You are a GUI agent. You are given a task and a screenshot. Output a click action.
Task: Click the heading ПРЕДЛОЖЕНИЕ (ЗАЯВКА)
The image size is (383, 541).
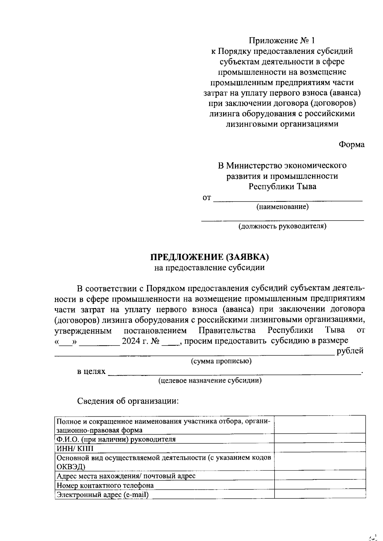click(x=209, y=257)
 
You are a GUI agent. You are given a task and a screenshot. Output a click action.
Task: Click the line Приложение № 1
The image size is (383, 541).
click(x=282, y=40)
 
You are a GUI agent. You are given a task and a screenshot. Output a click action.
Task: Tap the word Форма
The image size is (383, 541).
click(x=351, y=144)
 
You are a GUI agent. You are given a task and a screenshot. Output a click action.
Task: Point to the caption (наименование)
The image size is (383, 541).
click(x=282, y=207)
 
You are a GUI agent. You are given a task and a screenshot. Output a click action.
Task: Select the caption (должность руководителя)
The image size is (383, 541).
click(x=282, y=226)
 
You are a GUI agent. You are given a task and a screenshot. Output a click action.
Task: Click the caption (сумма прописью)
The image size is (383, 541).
click(x=221, y=361)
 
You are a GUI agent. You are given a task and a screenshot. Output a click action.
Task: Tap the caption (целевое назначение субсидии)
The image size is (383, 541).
click(x=210, y=380)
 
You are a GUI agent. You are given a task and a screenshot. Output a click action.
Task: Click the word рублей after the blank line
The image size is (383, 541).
click(x=350, y=351)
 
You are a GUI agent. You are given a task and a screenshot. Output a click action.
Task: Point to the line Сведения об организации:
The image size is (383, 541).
click(x=128, y=401)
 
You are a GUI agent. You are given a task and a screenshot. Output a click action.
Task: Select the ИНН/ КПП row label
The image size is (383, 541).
click(x=75, y=449)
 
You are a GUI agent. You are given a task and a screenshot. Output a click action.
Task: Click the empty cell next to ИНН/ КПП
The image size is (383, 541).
click(x=320, y=448)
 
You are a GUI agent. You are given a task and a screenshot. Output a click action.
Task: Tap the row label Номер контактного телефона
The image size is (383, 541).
click(x=105, y=486)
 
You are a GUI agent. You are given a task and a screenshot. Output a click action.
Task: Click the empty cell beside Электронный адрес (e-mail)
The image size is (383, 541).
click(x=320, y=494)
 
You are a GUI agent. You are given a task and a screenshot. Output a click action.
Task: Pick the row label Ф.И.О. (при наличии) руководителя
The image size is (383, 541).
click(x=116, y=439)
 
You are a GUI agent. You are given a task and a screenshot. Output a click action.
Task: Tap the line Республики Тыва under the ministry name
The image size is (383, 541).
click(x=282, y=186)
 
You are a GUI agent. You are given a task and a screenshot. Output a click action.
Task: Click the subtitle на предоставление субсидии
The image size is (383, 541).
click(x=209, y=267)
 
